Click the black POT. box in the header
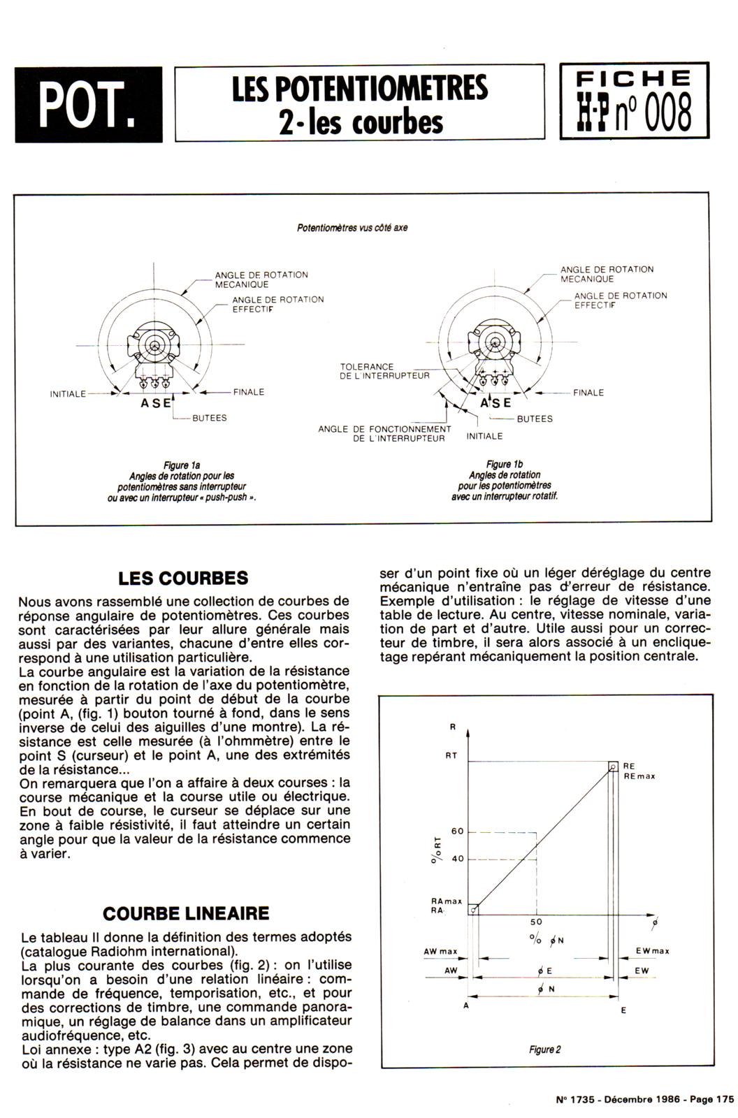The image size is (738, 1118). coord(88,105)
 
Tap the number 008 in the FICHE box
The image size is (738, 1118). coord(667,114)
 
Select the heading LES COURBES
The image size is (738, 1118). coord(183,579)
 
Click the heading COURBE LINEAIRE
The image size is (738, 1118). coord(185,913)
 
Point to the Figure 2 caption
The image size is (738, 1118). coord(545,1050)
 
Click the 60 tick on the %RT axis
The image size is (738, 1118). coord(458,832)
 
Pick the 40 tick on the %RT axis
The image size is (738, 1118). coord(458,859)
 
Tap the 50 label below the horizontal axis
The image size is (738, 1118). coord(536,922)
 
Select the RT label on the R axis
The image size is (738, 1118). coord(451,756)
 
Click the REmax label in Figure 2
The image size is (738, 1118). coord(639,776)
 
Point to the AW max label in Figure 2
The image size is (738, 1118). coord(440,952)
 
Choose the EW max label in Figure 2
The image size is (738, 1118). coord(652,951)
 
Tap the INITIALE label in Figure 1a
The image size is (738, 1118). coord(68,394)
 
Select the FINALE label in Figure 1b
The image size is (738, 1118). coord(588,393)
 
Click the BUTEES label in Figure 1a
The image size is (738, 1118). coord(209,418)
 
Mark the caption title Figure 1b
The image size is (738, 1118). coord(504,465)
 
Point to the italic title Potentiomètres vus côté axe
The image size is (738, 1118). coord(352,228)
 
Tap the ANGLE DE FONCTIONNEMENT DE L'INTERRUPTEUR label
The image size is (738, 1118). coord(384,434)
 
